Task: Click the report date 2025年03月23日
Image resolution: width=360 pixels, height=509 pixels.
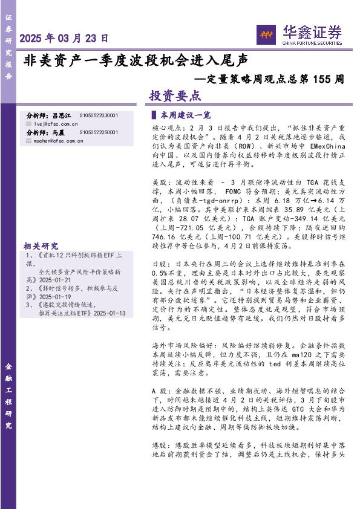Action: point(65,38)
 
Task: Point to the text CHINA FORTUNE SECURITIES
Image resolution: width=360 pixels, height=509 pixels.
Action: point(312,44)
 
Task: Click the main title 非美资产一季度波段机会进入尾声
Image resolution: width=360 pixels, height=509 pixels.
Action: point(136,60)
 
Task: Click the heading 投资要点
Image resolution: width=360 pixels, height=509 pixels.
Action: point(175,96)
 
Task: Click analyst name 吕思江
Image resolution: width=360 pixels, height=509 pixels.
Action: point(62,115)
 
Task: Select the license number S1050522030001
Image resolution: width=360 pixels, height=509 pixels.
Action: point(99,115)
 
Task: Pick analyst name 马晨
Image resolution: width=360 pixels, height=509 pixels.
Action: point(58,132)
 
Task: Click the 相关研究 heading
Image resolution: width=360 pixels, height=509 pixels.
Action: point(41,246)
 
